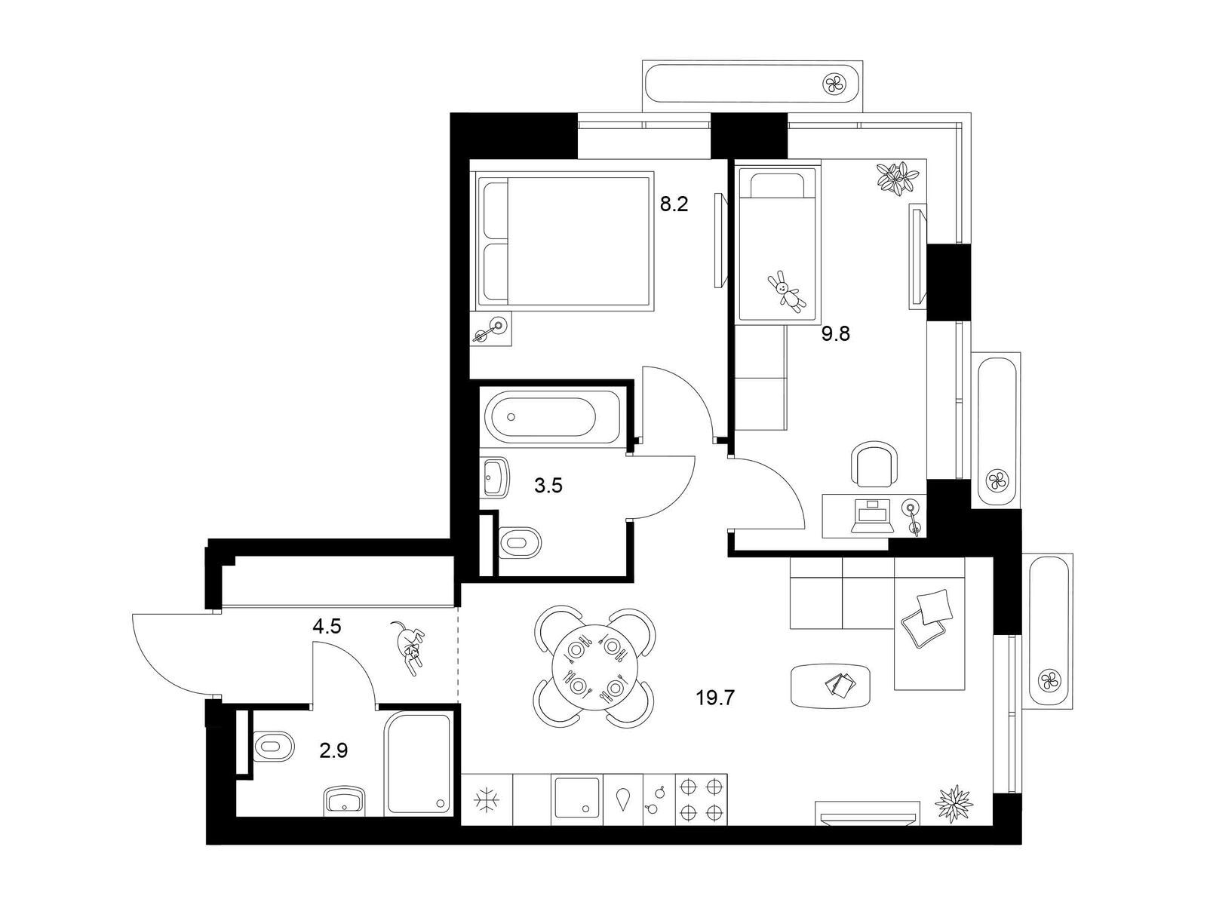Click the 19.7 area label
click(x=715, y=698)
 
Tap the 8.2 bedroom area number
click(x=674, y=205)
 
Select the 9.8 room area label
click(x=836, y=333)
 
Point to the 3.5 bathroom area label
click(x=548, y=486)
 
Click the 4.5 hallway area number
click(x=327, y=627)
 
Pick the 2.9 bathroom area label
click(x=333, y=750)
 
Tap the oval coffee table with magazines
click(x=831, y=686)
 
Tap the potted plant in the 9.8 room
click(x=897, y=177)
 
